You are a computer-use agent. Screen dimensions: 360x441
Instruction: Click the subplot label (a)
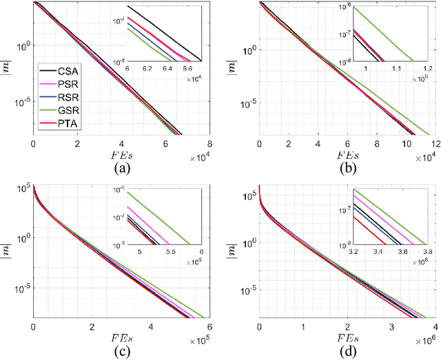pos(121,167)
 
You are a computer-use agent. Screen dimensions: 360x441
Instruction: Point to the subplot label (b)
pos(347,167)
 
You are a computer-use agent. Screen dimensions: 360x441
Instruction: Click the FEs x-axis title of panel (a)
pos(121,153)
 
